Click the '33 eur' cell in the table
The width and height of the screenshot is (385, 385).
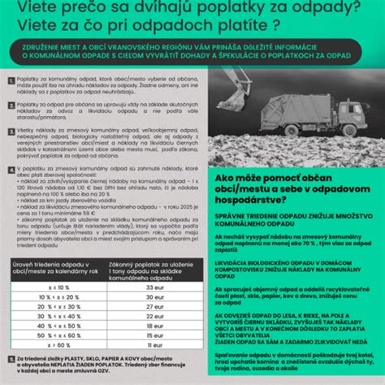point(154,287)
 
